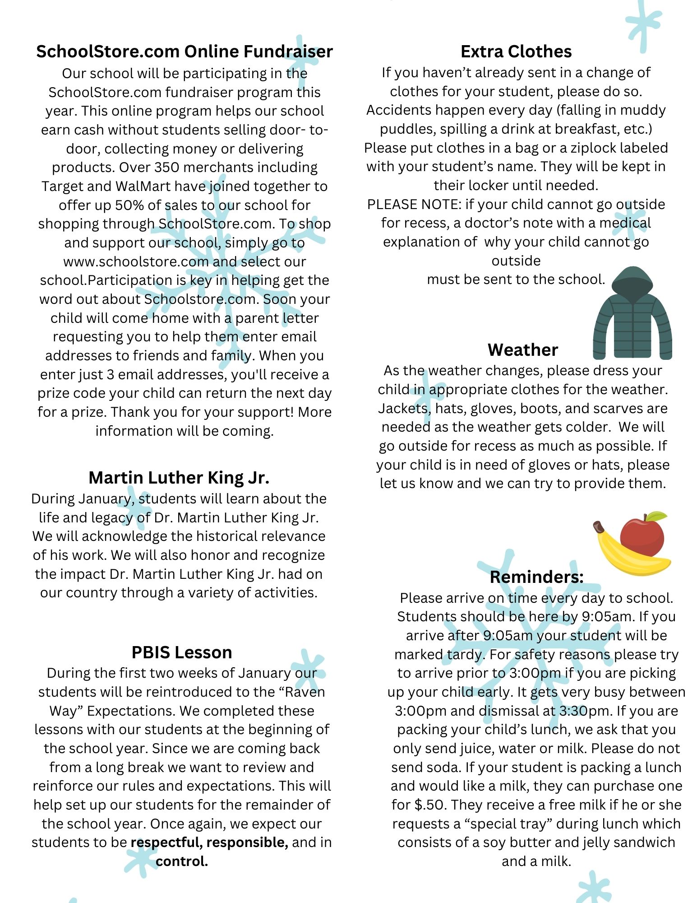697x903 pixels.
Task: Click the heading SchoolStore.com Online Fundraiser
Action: point(184,51)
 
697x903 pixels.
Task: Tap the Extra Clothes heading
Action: point(516,51)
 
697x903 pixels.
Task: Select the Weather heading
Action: point(522,350)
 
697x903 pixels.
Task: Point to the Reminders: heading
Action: point(536,577)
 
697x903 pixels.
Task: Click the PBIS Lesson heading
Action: point(182,652)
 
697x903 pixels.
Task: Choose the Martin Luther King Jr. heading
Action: point(179,477)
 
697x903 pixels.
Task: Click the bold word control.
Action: point(182,861)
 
